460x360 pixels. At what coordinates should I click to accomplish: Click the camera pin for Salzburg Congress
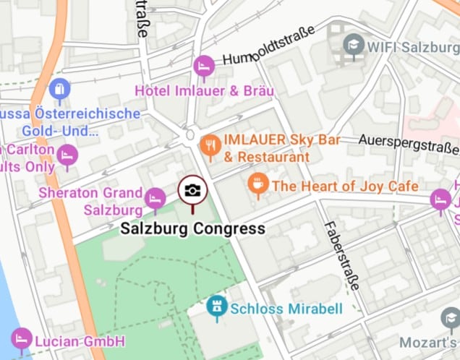[x=192, y=192]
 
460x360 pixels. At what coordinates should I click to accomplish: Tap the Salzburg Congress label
[x=192, y=229]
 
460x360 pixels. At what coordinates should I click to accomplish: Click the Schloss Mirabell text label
[x=286, y=309]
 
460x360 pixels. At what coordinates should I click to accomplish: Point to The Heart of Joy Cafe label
[x=345, y=186]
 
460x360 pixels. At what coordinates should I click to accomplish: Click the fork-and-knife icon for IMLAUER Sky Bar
[x=210, y=145]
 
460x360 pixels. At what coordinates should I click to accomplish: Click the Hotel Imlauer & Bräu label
[x=205, y=91]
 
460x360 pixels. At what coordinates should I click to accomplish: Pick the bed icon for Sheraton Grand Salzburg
[x=155, y=198]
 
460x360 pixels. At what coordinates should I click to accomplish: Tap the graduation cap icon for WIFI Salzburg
[x=353, y=45]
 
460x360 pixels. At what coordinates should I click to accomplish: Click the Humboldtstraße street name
[x=268, y=46]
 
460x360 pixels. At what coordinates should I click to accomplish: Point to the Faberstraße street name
[x=341, y=254]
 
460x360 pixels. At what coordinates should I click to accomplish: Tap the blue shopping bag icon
[x=59, y=90]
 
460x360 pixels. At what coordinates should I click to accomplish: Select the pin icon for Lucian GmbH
[x=22, y=338]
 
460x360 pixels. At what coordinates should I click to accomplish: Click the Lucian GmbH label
[x=80, y=341]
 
